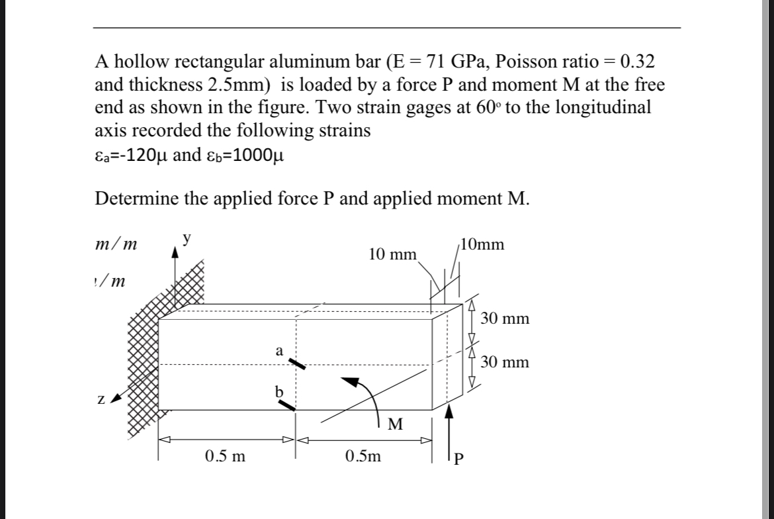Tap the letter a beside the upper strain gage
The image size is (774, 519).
click(x=279, y=352)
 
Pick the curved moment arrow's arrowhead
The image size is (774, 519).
click(x=351, y=380)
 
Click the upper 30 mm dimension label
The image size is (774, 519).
click(x=505, y=319)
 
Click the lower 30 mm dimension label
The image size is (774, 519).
click(x=505, y=363)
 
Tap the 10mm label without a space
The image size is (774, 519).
click(x=484, y=245)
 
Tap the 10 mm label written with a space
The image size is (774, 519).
click(x=392, y=254)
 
